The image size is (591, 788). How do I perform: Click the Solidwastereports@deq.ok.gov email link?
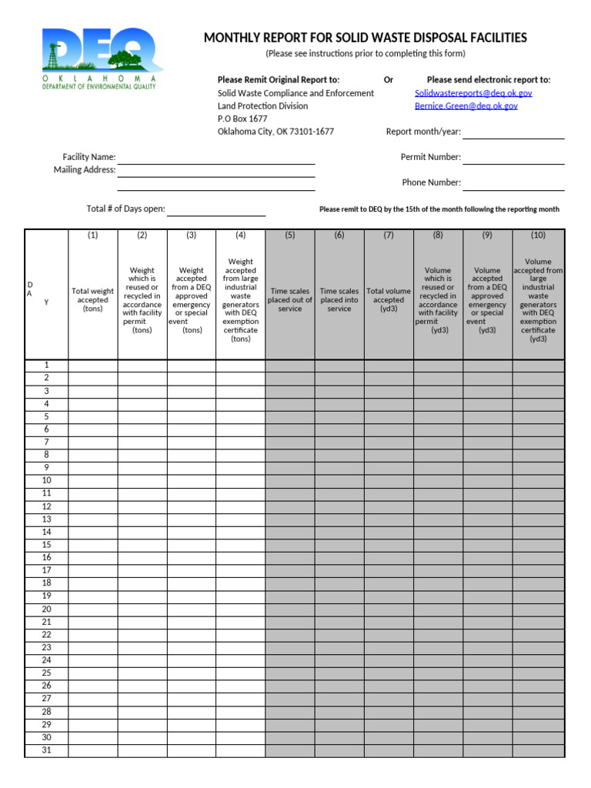click(473, 93)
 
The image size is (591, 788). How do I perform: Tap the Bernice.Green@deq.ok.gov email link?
click(466, 106)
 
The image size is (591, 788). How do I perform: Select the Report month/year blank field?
click(513, 132)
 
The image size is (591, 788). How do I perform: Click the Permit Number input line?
click(513, 158)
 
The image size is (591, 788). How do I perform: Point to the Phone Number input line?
click(513, 183)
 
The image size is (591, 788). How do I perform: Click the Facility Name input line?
click(215, 158)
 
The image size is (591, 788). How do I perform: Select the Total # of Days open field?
click(216, 209)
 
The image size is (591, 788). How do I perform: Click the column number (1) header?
click(93, 235)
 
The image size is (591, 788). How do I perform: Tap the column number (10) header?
click(538, 235)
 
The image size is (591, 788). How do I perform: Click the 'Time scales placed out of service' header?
click(290, 300)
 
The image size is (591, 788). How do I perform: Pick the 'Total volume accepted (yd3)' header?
click(389, 300)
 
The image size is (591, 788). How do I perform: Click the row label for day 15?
click(46, 545)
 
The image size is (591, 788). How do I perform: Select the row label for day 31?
click(46, 750)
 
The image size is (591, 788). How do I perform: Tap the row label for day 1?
click(46, 366)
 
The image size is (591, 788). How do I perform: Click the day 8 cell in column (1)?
click(93, 455)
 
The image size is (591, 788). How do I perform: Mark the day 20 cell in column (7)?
click(389, 609)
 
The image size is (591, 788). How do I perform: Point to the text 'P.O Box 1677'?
click(242, 119)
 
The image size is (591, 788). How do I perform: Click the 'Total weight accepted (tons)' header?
click(93, 300)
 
